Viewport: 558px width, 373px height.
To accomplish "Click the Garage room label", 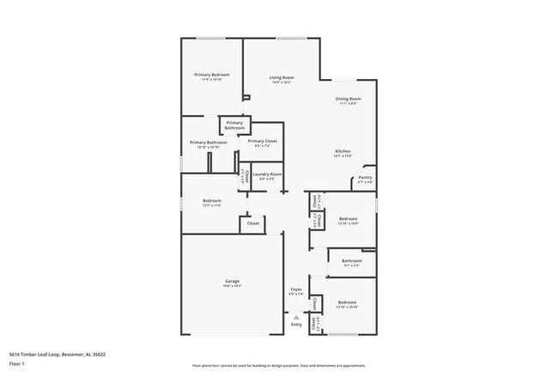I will click(x=232, y=280).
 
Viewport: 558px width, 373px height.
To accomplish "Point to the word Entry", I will click(x=296, y=324).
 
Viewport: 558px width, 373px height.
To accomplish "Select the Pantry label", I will click(x=365, y=178).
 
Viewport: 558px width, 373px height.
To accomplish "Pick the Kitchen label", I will click(x=343, y=152).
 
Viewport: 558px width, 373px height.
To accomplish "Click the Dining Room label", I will click(x=348, y=99).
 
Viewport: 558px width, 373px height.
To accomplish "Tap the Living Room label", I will click(x=282, y=77).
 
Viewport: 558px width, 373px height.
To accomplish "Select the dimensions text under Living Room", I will click(x=282, y=83).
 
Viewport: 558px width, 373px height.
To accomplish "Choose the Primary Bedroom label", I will click(x=211, y=75).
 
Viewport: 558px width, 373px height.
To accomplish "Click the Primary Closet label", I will click(x=262, y=141).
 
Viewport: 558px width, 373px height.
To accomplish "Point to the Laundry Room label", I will click(x=267, y=174).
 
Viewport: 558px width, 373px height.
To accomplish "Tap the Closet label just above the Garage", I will click(x=253, y=223).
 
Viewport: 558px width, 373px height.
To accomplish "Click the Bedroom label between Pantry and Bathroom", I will click(x=348, y=219).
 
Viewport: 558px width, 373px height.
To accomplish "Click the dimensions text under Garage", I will click(x=232, y=285).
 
